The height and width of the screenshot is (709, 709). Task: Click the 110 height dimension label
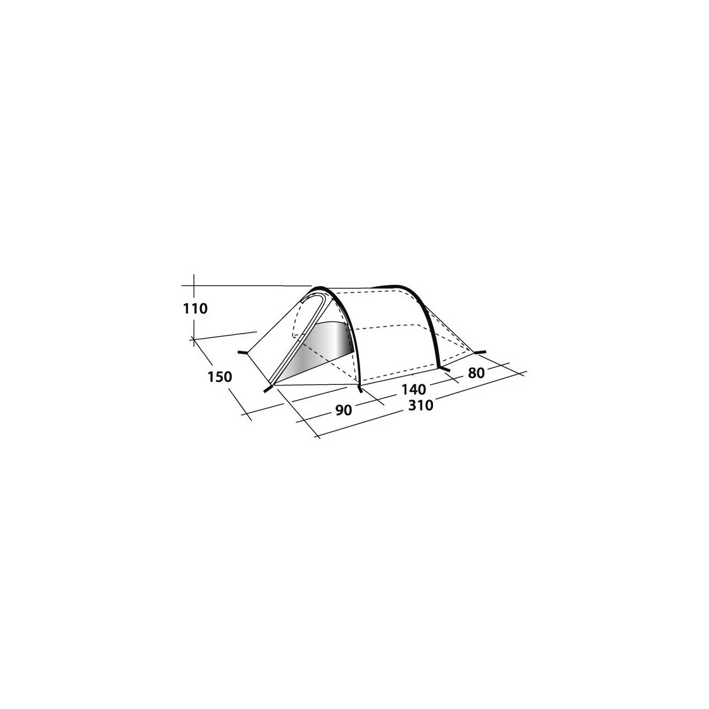pos(196,309)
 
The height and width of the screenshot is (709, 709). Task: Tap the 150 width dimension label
pos(220,376)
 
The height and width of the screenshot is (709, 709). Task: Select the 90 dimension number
pos(344,410)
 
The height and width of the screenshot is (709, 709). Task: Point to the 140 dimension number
pos(413,389)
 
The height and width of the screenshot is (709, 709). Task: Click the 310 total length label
pos(420,405)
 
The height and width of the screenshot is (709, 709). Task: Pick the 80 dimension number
pos(477,373)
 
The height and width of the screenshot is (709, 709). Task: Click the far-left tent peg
pos(242,352)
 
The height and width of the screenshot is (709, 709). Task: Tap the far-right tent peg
pos(479,352)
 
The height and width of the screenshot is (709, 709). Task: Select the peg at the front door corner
pos(268,389)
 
